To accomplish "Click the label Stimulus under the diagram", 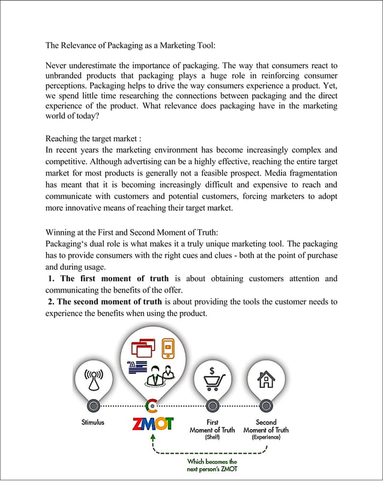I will pos(93,422).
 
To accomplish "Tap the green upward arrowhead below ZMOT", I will pos(153,439).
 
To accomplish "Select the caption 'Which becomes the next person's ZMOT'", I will pos(212,466).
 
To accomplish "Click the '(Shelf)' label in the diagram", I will pos(212,437).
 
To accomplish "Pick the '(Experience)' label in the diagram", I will pos(265,437).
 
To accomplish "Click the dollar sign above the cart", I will pos(213,370).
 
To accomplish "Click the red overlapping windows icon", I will pos(143,349).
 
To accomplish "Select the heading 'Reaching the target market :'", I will pos(94,138).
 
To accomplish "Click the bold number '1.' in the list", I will pos(53,279).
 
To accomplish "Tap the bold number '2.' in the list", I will pos(53,301).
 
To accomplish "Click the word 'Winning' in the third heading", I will pos(62,233).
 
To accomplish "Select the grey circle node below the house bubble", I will pos(265,406).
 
